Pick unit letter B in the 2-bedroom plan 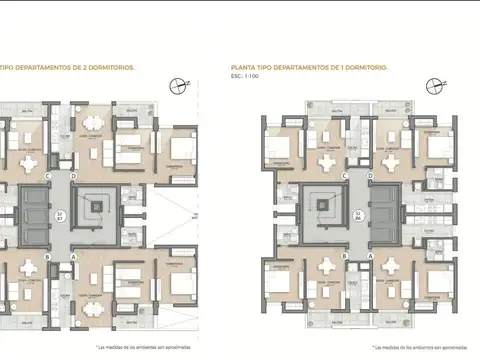pyautogui.click(x=48, y=255)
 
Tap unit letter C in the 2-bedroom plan pyautogui.click(x=48, y=174)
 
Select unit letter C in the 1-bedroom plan pyautogui.click(x=344, y=174)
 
